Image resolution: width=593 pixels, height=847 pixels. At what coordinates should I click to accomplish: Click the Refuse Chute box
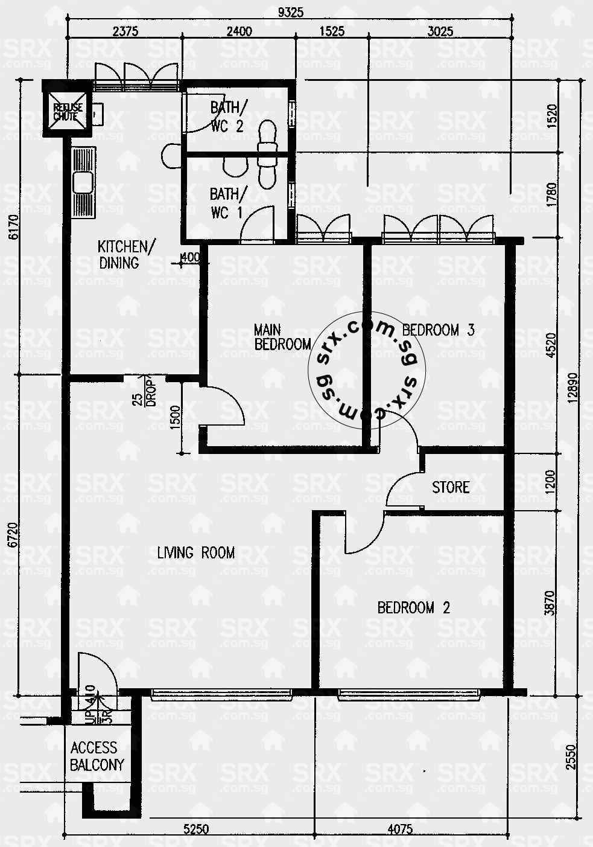coord(67,111)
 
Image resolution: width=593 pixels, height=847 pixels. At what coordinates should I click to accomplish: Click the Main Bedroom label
coord(282,337)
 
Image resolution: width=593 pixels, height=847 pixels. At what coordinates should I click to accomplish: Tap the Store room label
coord(450,487)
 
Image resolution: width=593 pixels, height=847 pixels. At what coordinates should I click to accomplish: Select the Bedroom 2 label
coord(413,607)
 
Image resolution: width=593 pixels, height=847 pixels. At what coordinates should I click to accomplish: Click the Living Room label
coord(195,552)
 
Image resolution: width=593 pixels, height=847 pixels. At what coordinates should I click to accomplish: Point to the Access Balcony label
coord(97,756)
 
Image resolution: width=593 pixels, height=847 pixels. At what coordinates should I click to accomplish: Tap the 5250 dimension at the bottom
coord(195,829)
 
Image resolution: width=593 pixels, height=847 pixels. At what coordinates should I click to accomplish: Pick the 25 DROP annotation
coord(145,392)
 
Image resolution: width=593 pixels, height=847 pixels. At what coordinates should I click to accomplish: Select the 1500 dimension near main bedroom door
coord(176,417)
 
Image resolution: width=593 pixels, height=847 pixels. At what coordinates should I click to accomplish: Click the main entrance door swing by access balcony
coord(97,673)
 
